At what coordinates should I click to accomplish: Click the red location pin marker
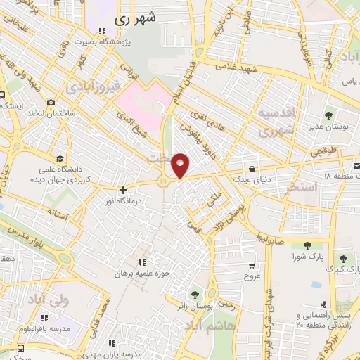(x=181, y=165)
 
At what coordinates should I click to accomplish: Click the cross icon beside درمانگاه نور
(x=123, y=189)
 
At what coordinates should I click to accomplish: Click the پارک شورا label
(x=307, y=258)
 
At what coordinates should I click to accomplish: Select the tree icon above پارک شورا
(x=307, y=245)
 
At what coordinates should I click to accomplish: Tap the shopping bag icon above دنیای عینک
(x=252, y=169)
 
